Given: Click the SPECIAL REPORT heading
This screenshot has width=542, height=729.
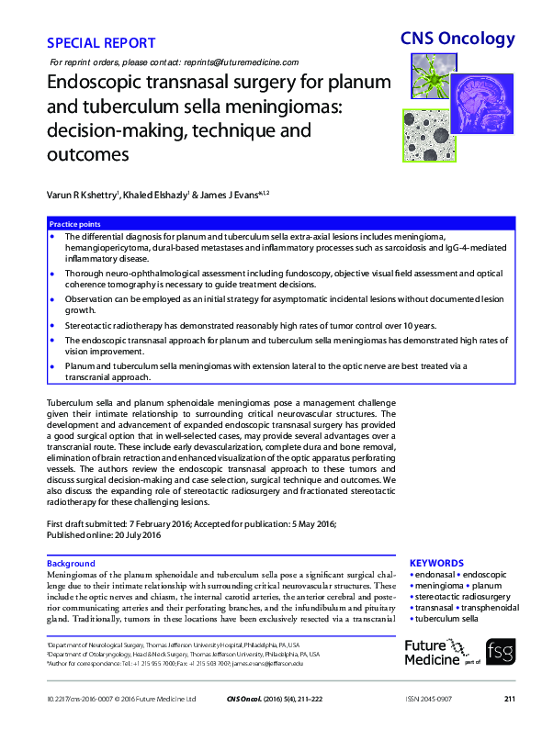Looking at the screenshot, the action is point(100,43).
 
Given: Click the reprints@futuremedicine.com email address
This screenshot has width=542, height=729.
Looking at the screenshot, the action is point(242,62).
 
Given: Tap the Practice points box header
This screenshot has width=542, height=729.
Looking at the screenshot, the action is point(75,224).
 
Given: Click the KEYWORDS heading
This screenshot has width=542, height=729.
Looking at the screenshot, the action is point(436,563).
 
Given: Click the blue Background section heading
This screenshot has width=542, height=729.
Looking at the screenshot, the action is point(71,563).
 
